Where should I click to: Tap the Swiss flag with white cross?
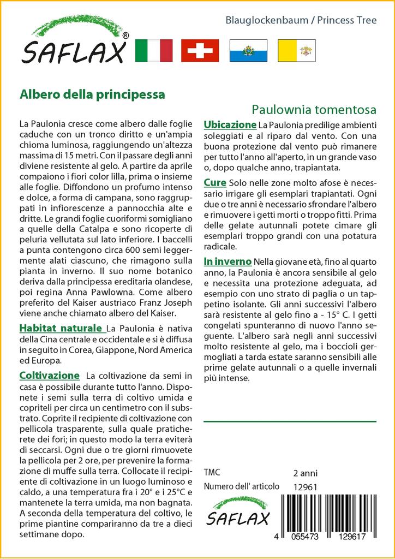(x=200, y=50)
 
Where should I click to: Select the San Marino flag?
(x=248, y=50)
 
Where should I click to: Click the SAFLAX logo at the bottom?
(x=236, y=512)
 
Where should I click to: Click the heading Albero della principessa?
(x=92, y=93)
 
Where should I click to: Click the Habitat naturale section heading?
(x=61, y=328)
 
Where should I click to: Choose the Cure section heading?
(x=215, y=182)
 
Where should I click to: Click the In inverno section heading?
(x=228, y=261)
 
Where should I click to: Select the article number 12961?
(x=305, y=487)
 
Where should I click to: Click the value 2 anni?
(x=305, y=473)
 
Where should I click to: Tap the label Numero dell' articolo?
(x=241, y=486)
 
